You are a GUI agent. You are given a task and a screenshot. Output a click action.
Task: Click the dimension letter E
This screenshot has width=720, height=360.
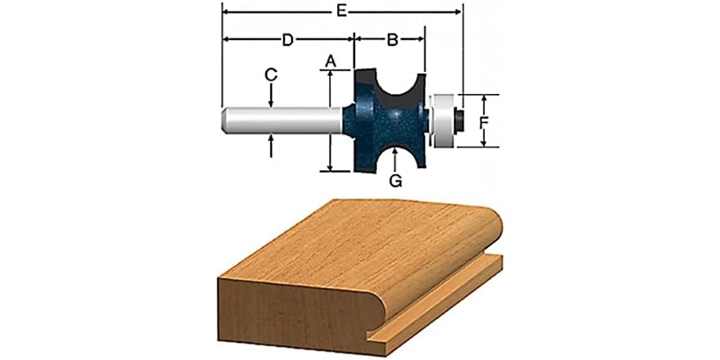[343, 11]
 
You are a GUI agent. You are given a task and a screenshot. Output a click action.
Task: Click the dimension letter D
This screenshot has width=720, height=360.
[288, 38]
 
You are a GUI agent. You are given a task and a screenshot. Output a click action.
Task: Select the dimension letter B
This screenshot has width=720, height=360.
[391, 38]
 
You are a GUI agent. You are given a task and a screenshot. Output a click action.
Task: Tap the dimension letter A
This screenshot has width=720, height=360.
[330, 60]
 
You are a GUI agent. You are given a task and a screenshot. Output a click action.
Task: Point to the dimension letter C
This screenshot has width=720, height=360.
[271, 74]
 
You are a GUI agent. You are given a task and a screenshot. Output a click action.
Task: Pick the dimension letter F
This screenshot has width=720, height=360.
[483, 122]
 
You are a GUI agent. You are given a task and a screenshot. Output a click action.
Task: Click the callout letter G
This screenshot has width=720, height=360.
[395, 181]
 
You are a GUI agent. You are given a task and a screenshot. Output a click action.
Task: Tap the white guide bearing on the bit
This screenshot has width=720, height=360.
[442, 121]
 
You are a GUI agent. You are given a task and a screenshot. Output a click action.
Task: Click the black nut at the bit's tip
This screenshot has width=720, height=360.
[460, 121]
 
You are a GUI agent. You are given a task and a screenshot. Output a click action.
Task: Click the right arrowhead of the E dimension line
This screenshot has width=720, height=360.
[459, 12]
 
